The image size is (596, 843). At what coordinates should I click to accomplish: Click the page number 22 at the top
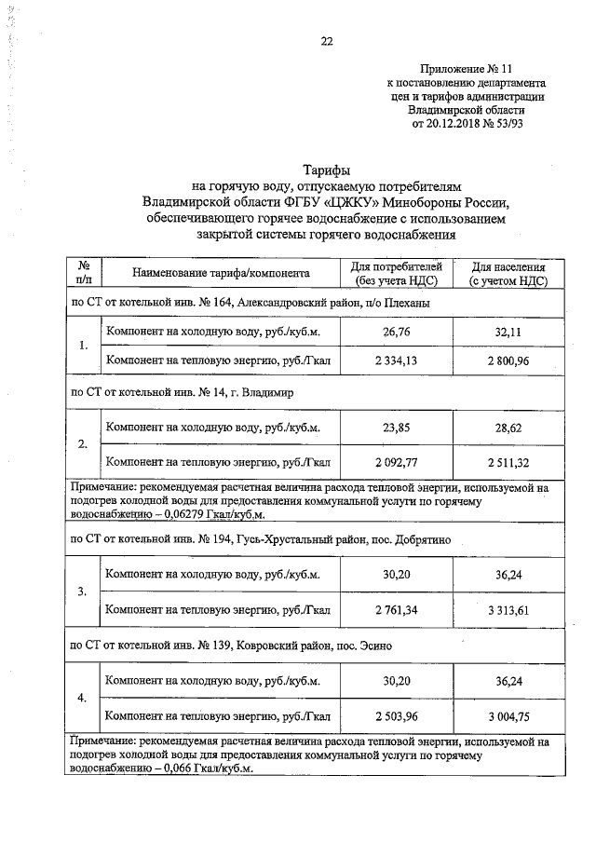(x=327, y=41)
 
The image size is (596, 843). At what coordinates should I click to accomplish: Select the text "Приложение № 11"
(x=466, y=69)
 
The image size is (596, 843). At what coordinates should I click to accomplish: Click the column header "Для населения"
(x=508, y=265)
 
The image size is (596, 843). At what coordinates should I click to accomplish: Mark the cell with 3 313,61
(x=508, y=609)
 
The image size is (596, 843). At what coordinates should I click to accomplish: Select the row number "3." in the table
(x=83, y=592)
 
